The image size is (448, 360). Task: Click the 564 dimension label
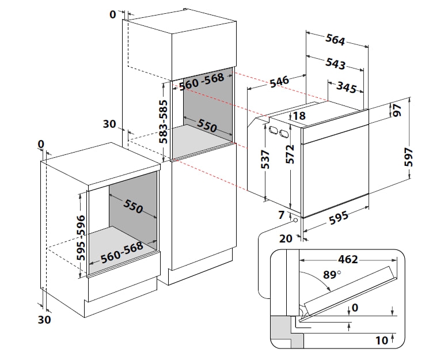pos(336,39)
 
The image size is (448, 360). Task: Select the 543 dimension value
pos(336,63)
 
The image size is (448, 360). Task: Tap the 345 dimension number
pos(346,87)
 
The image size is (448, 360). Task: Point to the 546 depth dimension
pos(279,81)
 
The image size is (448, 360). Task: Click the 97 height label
pos(397,110)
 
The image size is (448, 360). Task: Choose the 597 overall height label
pos(409,157)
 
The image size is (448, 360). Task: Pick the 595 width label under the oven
pos(339,218)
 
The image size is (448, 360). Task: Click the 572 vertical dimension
pos(290,154)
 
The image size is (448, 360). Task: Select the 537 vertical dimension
pos(265,159)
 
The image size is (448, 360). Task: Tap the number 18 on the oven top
pos(299,116)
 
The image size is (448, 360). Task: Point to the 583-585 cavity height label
pos(164,122)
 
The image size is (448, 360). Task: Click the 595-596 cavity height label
pos(81,238)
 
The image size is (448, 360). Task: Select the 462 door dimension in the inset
pos(348,259)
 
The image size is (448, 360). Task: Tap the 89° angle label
pos(332,275)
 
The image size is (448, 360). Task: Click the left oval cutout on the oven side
pos(274,130)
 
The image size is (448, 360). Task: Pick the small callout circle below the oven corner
pos(295,220)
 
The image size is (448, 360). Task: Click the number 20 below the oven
pos(286,238)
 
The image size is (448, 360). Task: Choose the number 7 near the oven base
pos(282,215)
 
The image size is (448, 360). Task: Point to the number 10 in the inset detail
pos(382,340)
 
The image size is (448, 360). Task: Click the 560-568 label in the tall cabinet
pos(202,81)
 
